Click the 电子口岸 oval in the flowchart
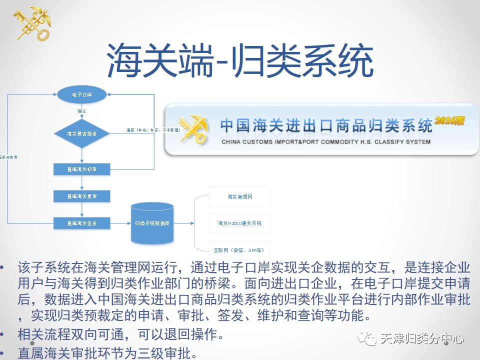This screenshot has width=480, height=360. coord(82,94)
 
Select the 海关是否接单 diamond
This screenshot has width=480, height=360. coord(81,133)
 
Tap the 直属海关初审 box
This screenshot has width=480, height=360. coord(81,169)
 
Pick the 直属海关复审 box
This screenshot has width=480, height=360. coord(81,196)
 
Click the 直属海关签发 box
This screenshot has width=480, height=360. coord(81,223)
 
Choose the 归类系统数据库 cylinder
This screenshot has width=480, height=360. coord(152,223)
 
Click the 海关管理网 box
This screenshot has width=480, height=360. coord(239,196)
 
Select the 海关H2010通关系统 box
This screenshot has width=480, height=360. coord(239,223)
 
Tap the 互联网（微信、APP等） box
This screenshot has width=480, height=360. coord(239,249)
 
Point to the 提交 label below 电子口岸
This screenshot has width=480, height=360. coord(82,110)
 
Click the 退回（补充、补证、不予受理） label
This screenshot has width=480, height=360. coord(153,130)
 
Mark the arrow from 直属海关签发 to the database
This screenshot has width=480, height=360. coord(119,223)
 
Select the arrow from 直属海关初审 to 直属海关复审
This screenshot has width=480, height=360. coord(81,182)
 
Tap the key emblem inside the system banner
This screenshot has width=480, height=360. coord(193,129)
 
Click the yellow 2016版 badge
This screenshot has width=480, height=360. coord(450,120)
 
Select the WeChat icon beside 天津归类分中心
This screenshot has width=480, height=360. coord(370,339)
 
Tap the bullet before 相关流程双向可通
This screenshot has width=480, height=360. coord(5,334)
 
